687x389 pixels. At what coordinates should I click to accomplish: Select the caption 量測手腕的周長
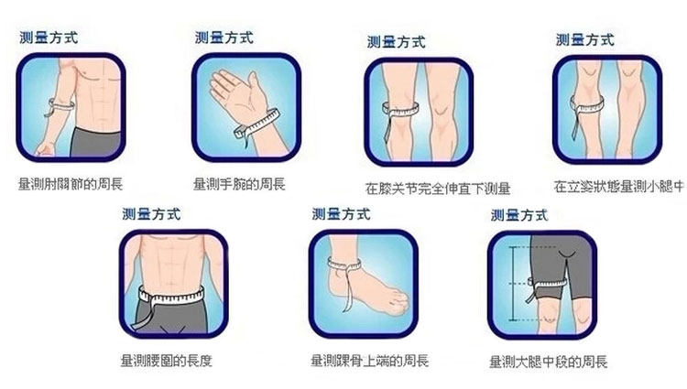[x=240, y=185]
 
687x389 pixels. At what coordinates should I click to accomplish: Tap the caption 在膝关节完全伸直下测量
[x=438, y=189]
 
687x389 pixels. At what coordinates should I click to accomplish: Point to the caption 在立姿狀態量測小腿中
[x=619, y=187]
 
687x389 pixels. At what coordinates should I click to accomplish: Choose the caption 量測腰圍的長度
[x=172, y=361]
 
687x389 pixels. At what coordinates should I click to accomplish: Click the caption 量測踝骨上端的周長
[x=368, y=361]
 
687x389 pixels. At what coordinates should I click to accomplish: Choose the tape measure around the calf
[x=587, y=106]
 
